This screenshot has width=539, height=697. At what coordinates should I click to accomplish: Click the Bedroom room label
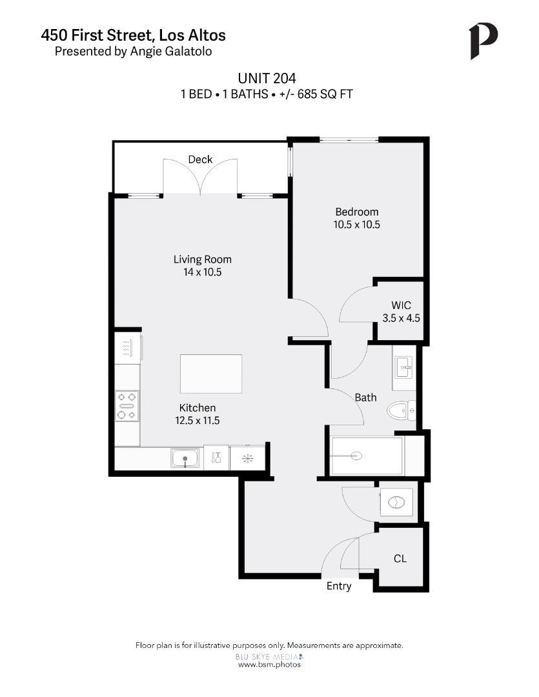coord(356,212)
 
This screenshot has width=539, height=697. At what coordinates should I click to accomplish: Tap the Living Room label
coord(202,259)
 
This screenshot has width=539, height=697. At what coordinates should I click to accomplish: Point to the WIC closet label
coord(401,305)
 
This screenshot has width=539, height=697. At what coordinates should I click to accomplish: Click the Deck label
coord(200,159)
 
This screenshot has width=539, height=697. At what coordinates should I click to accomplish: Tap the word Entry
coord(339,586)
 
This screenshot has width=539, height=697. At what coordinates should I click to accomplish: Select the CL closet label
coord(400,558)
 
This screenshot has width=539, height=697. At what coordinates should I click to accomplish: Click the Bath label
coord(365,398)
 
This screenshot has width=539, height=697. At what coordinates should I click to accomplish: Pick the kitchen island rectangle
coord(211,374)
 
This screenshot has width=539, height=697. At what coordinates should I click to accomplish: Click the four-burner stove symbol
coord(127,406)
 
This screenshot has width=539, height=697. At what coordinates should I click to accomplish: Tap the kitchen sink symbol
coord(185,459)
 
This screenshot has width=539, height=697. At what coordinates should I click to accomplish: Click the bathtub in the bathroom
coord(366,456)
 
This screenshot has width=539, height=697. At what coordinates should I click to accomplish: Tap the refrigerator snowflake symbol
coord(247,458)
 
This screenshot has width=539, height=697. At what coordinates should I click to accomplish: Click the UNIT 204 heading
coord(267,78)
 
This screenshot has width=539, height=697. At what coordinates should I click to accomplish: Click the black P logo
coord(483,41)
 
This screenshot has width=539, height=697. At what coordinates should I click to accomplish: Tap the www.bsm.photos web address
coord(269,664)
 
